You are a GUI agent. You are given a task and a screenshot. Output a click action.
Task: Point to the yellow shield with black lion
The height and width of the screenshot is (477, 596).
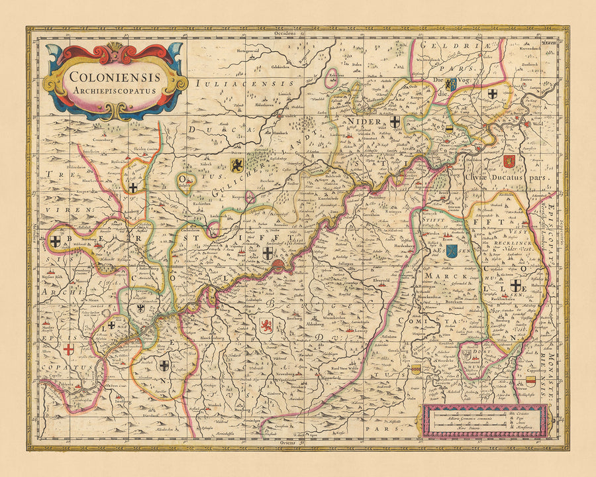click(236, 164)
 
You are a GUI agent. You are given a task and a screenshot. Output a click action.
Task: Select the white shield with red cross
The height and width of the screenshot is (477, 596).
click(69, 348)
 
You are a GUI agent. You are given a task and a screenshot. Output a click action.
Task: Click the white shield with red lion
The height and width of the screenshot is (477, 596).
click(265, 325)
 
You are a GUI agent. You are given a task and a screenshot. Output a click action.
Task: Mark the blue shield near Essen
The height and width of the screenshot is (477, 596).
click(452, 250)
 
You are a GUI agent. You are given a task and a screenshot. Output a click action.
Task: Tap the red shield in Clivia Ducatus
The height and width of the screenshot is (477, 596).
click(509, 161)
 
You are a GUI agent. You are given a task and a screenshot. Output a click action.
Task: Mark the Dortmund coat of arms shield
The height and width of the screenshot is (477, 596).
click(468, 356)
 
